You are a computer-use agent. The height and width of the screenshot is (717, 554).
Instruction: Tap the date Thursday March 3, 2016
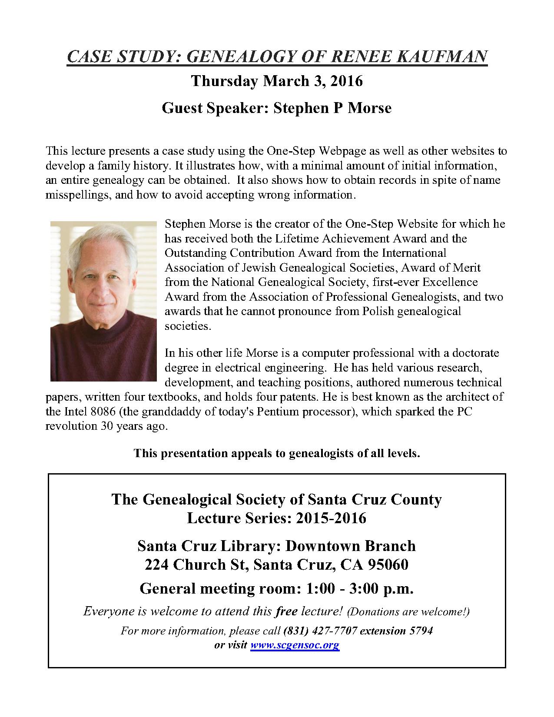(x=277, y=81)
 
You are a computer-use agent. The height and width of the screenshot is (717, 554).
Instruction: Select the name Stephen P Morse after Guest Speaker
(x=332, y=108)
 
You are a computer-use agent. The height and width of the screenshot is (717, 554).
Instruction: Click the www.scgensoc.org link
(x=295, y=645)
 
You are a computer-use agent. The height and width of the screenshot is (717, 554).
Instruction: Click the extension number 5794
(x=421, y=631)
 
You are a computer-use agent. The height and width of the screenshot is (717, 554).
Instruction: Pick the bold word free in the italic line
(x=287, y=611)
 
